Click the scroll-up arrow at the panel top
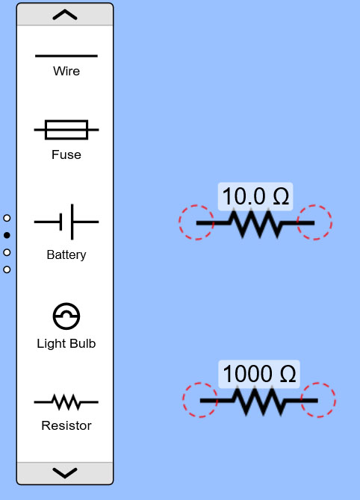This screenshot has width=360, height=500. click(x=65, y=15)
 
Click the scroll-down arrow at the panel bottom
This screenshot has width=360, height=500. click(x=65, y=473)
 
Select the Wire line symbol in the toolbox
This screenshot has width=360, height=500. click(x=66, y=56)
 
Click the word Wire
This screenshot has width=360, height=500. click(x=66, y=71)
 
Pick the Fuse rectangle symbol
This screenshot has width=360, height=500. click(x=66, y=130)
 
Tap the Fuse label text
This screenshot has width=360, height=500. click(x=66, y=154)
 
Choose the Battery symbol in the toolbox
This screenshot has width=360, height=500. click(x=66, y=222)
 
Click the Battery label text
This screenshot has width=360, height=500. click(x=66, y=254)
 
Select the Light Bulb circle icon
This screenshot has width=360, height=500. click(x=66, y=316)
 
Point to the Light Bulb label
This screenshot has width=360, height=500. click(x=66, y=344)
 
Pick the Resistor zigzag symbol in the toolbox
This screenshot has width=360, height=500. click(x=66, y=402)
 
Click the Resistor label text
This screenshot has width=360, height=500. click(x=66, y=425)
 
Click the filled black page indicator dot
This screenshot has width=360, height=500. click(x=7, y=235)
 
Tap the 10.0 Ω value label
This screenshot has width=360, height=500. click(x=255, y=196)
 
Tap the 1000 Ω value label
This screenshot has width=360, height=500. click(x=259, y=374)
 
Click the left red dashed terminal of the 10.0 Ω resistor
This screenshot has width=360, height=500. click(x=196, y=222)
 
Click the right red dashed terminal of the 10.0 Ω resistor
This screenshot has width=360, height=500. click(x=314, y=222)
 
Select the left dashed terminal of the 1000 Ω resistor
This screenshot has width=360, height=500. click(x=200, y=400)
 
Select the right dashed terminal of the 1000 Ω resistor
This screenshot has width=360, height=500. click(x=318, y=400)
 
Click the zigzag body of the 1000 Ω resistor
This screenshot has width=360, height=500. click(x=259, y=401)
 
